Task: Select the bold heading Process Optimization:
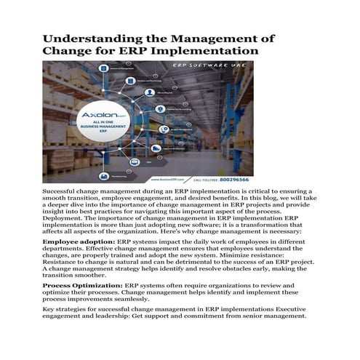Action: [x=82, y=286]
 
